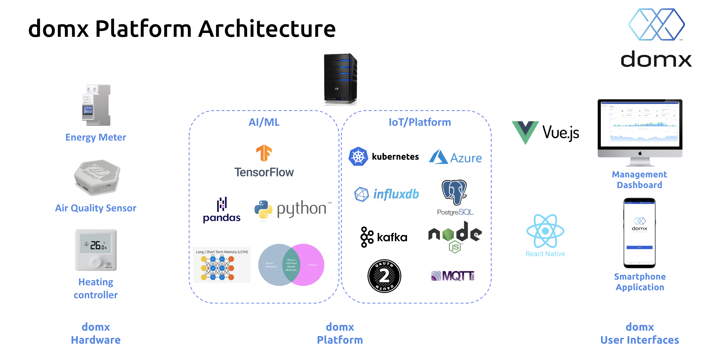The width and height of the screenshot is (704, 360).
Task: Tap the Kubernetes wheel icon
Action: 358,156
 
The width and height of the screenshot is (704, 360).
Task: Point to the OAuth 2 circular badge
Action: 384,276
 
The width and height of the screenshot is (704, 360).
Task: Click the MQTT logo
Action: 453,276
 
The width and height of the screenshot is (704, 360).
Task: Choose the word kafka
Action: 392,237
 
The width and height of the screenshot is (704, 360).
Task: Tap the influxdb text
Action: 396,194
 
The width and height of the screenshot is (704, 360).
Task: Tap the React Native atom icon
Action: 545,231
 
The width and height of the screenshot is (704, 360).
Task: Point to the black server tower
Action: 340,79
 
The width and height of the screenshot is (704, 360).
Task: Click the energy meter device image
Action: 96,105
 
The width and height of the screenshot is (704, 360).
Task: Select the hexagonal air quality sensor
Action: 97,178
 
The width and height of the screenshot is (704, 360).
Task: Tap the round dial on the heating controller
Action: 96,262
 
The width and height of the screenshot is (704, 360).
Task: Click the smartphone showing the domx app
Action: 639,233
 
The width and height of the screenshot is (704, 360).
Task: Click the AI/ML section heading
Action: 264,122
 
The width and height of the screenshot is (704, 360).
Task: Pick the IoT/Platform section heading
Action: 420,122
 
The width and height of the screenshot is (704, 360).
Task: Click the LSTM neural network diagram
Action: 222,265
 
